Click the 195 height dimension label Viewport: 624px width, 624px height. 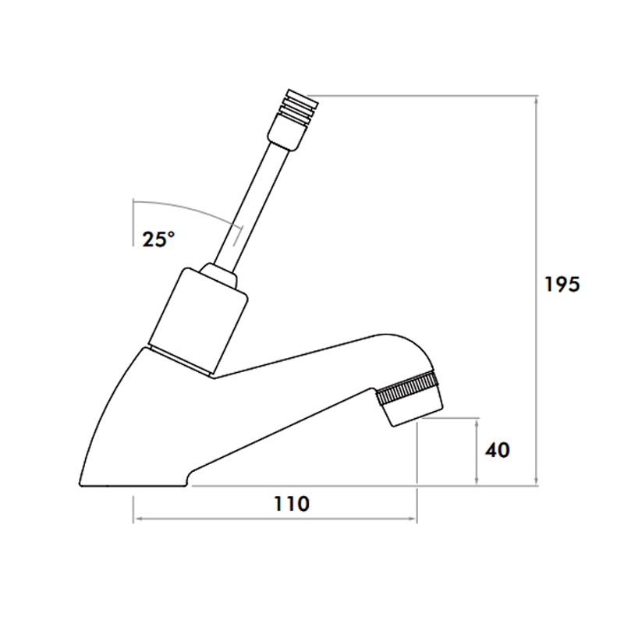pos(562,285)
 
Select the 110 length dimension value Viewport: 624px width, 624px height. pos(291,504)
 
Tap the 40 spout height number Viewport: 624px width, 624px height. pos(498,451)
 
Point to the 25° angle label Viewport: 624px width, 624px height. pos(158,239)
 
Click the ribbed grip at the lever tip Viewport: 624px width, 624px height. pos(297,106)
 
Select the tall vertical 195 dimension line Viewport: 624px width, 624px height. pos(537,289)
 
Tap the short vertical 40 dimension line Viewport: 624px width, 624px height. pos(477,451)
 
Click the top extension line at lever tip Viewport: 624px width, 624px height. pos(429,96)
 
